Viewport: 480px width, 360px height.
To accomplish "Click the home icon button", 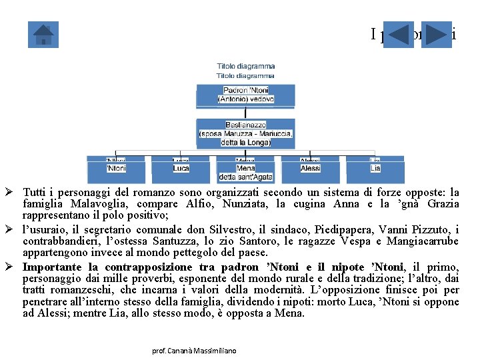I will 43,35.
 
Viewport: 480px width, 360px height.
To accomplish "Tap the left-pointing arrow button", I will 399,35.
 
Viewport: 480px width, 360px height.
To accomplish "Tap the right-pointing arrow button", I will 437,35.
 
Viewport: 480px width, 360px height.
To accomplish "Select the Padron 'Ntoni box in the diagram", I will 245,95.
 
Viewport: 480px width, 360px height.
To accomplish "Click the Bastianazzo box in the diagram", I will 245,133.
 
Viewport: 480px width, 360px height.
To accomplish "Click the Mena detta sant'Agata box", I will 245,171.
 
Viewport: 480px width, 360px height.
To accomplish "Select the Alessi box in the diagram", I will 310,169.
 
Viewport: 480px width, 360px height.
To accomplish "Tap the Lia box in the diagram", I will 375,169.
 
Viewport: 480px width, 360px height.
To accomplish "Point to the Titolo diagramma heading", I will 245,67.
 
